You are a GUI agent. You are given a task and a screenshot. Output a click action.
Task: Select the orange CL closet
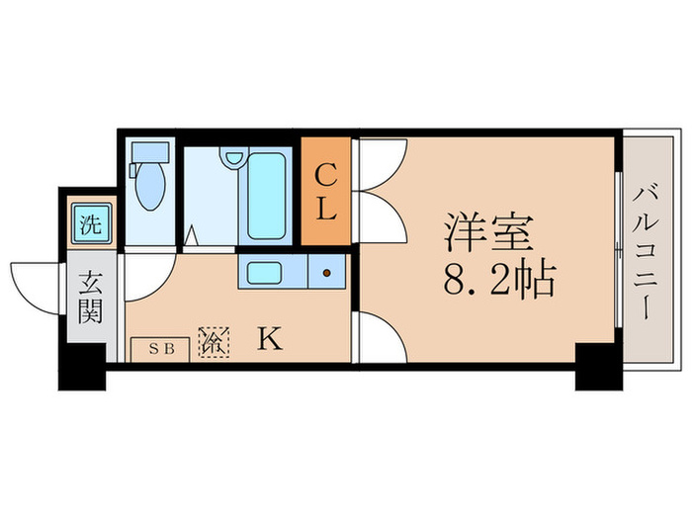pyautogui.click(x=326, y=193)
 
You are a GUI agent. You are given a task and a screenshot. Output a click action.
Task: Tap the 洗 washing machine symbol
pyautogui.click(x=90, y=223)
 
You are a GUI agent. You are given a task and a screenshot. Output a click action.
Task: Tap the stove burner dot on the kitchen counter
pyautogui.click(x=326, y=273)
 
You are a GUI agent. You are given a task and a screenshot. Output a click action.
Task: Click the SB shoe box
pyautogui.click(x=159, y=348)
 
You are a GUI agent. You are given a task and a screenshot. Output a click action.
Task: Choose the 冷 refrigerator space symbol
pyautogui.click(x=214, y=342)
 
